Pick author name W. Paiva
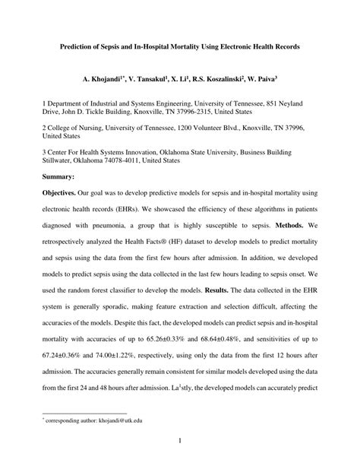click(x=258, y=78)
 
